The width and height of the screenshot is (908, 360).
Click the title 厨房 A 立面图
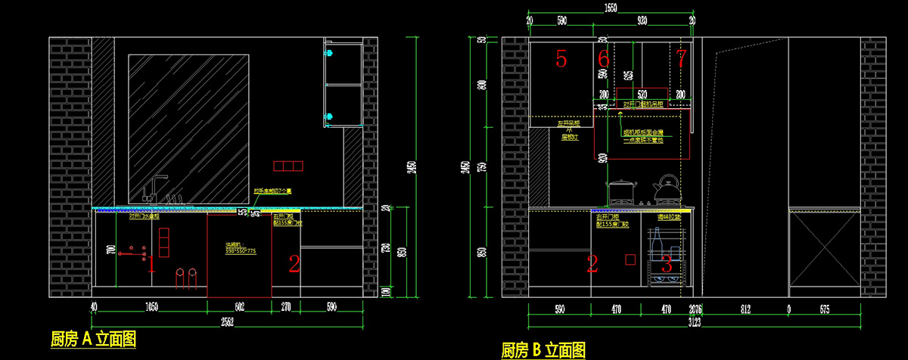[93, 338]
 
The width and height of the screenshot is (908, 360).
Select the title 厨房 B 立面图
[543, 350]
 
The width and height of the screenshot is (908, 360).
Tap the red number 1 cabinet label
[151, 264]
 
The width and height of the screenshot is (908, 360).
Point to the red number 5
[561, 58]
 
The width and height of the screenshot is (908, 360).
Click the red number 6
[603, 58]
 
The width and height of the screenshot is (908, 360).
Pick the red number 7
[681, 57]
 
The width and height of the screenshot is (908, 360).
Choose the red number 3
[667, 264]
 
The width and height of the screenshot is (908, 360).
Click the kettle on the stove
[667, 189]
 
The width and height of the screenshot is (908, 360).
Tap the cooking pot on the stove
[620, 191]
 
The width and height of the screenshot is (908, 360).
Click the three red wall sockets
[288, 166]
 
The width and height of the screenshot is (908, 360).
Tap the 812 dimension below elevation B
[745, 309]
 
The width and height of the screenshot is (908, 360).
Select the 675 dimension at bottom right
[825, 309]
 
